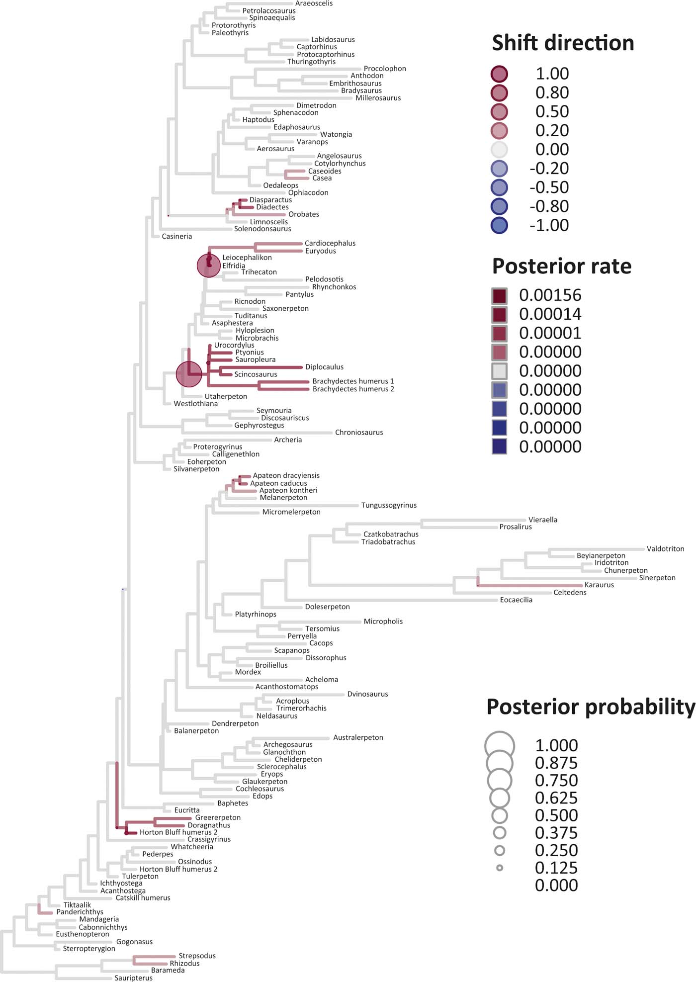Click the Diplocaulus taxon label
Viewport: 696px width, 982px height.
click(x=324, y=367)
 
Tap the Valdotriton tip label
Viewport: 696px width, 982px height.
click(x=665, y=549)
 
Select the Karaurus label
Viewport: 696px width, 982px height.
click(x=599, y=585)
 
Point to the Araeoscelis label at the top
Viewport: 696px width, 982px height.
click(x=314, y=3)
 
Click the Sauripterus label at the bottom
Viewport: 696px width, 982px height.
click(x=133, y=978)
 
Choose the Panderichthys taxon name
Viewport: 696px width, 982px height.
click(x=80, y=912)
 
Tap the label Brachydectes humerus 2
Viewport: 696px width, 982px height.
click(x=353, y=389)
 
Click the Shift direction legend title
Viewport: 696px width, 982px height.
click(x=563, y=43)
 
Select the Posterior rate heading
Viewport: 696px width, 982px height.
click(x=562, y=267)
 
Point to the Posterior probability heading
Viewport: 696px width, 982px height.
click(x=591, y=707)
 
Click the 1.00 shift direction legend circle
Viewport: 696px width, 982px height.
click(x=499, y=74)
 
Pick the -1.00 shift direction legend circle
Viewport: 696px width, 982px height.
click(x=499, y=225)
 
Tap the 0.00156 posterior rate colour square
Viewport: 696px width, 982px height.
click(x=499, y=296)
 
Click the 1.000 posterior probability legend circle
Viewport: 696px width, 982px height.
click(x=499, y=746)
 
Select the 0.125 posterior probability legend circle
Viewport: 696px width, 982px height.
click(x=500, y=868)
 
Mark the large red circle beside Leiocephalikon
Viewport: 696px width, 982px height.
click(x=209, y=266)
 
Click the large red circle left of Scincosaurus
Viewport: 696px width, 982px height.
click(x=189, y=374)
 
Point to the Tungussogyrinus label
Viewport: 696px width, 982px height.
click(x=389, y=505)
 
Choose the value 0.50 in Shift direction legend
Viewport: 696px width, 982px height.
click(x=552, y=112)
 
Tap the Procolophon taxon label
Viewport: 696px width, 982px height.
click(x=385, y=69)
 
